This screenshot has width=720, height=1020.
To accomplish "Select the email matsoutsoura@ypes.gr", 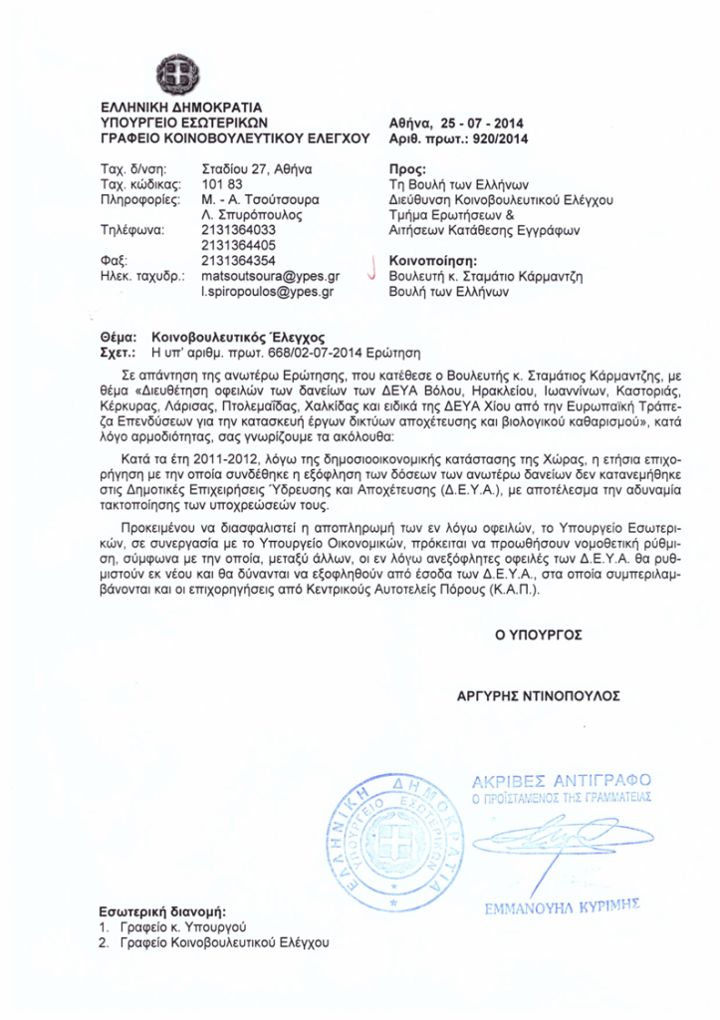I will tap(271, 274).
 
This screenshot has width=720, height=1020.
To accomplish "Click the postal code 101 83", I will tap(222, 185).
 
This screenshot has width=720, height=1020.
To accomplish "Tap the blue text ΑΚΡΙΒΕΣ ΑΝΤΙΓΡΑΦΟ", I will tap(562, 778).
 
